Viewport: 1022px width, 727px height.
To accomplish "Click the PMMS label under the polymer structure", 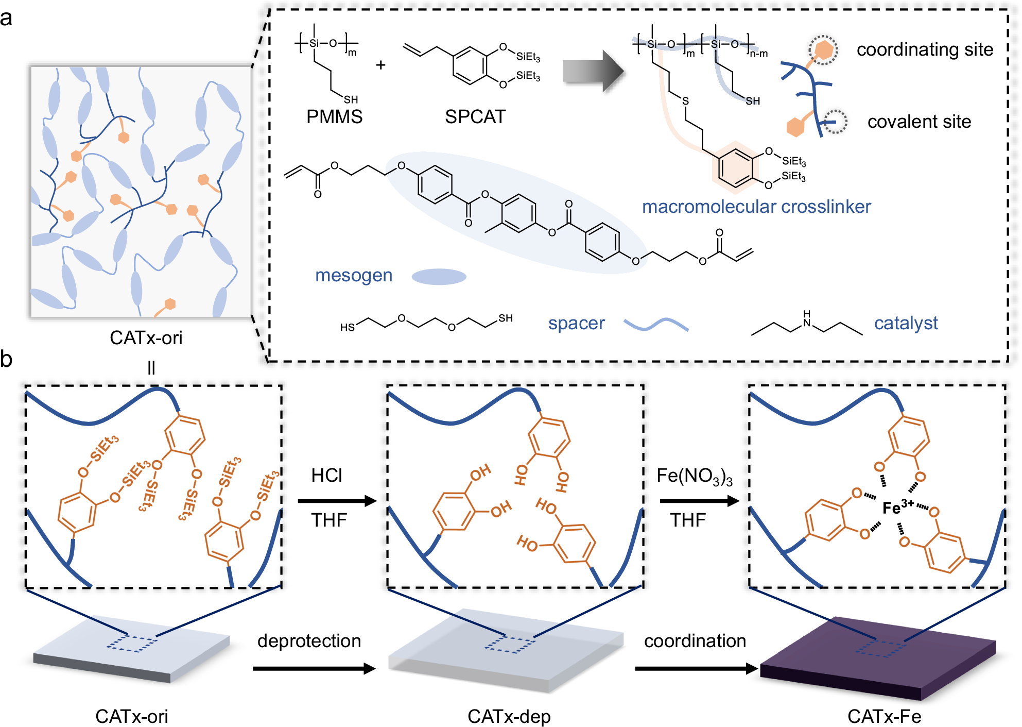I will (334, 117).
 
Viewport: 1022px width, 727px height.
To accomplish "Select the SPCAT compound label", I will (475, 117).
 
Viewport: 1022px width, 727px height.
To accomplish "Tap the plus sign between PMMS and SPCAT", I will (380, 65).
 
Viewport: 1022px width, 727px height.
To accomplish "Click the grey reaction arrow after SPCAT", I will (593, 71).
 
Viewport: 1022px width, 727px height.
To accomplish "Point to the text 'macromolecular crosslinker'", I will (756, 207).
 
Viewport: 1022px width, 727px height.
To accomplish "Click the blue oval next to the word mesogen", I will (439, 277).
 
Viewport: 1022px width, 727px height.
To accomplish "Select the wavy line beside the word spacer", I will (655, 324).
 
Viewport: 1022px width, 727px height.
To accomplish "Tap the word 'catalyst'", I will (906, 323).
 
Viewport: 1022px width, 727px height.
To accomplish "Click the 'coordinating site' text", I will (925, 49).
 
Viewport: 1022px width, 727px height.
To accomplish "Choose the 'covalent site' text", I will (919, 122).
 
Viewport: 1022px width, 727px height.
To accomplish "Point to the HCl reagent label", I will (326, 475).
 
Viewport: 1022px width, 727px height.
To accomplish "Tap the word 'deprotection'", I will (309, 640).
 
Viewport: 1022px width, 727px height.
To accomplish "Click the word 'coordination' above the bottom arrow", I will (695, 640).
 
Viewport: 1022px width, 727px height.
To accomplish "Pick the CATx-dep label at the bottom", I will (509, 716).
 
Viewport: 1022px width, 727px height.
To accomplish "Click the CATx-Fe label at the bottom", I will (884, 716).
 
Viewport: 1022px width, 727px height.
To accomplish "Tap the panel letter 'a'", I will (6, 19).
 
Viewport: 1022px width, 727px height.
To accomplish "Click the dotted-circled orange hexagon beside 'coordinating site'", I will (823, 50).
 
